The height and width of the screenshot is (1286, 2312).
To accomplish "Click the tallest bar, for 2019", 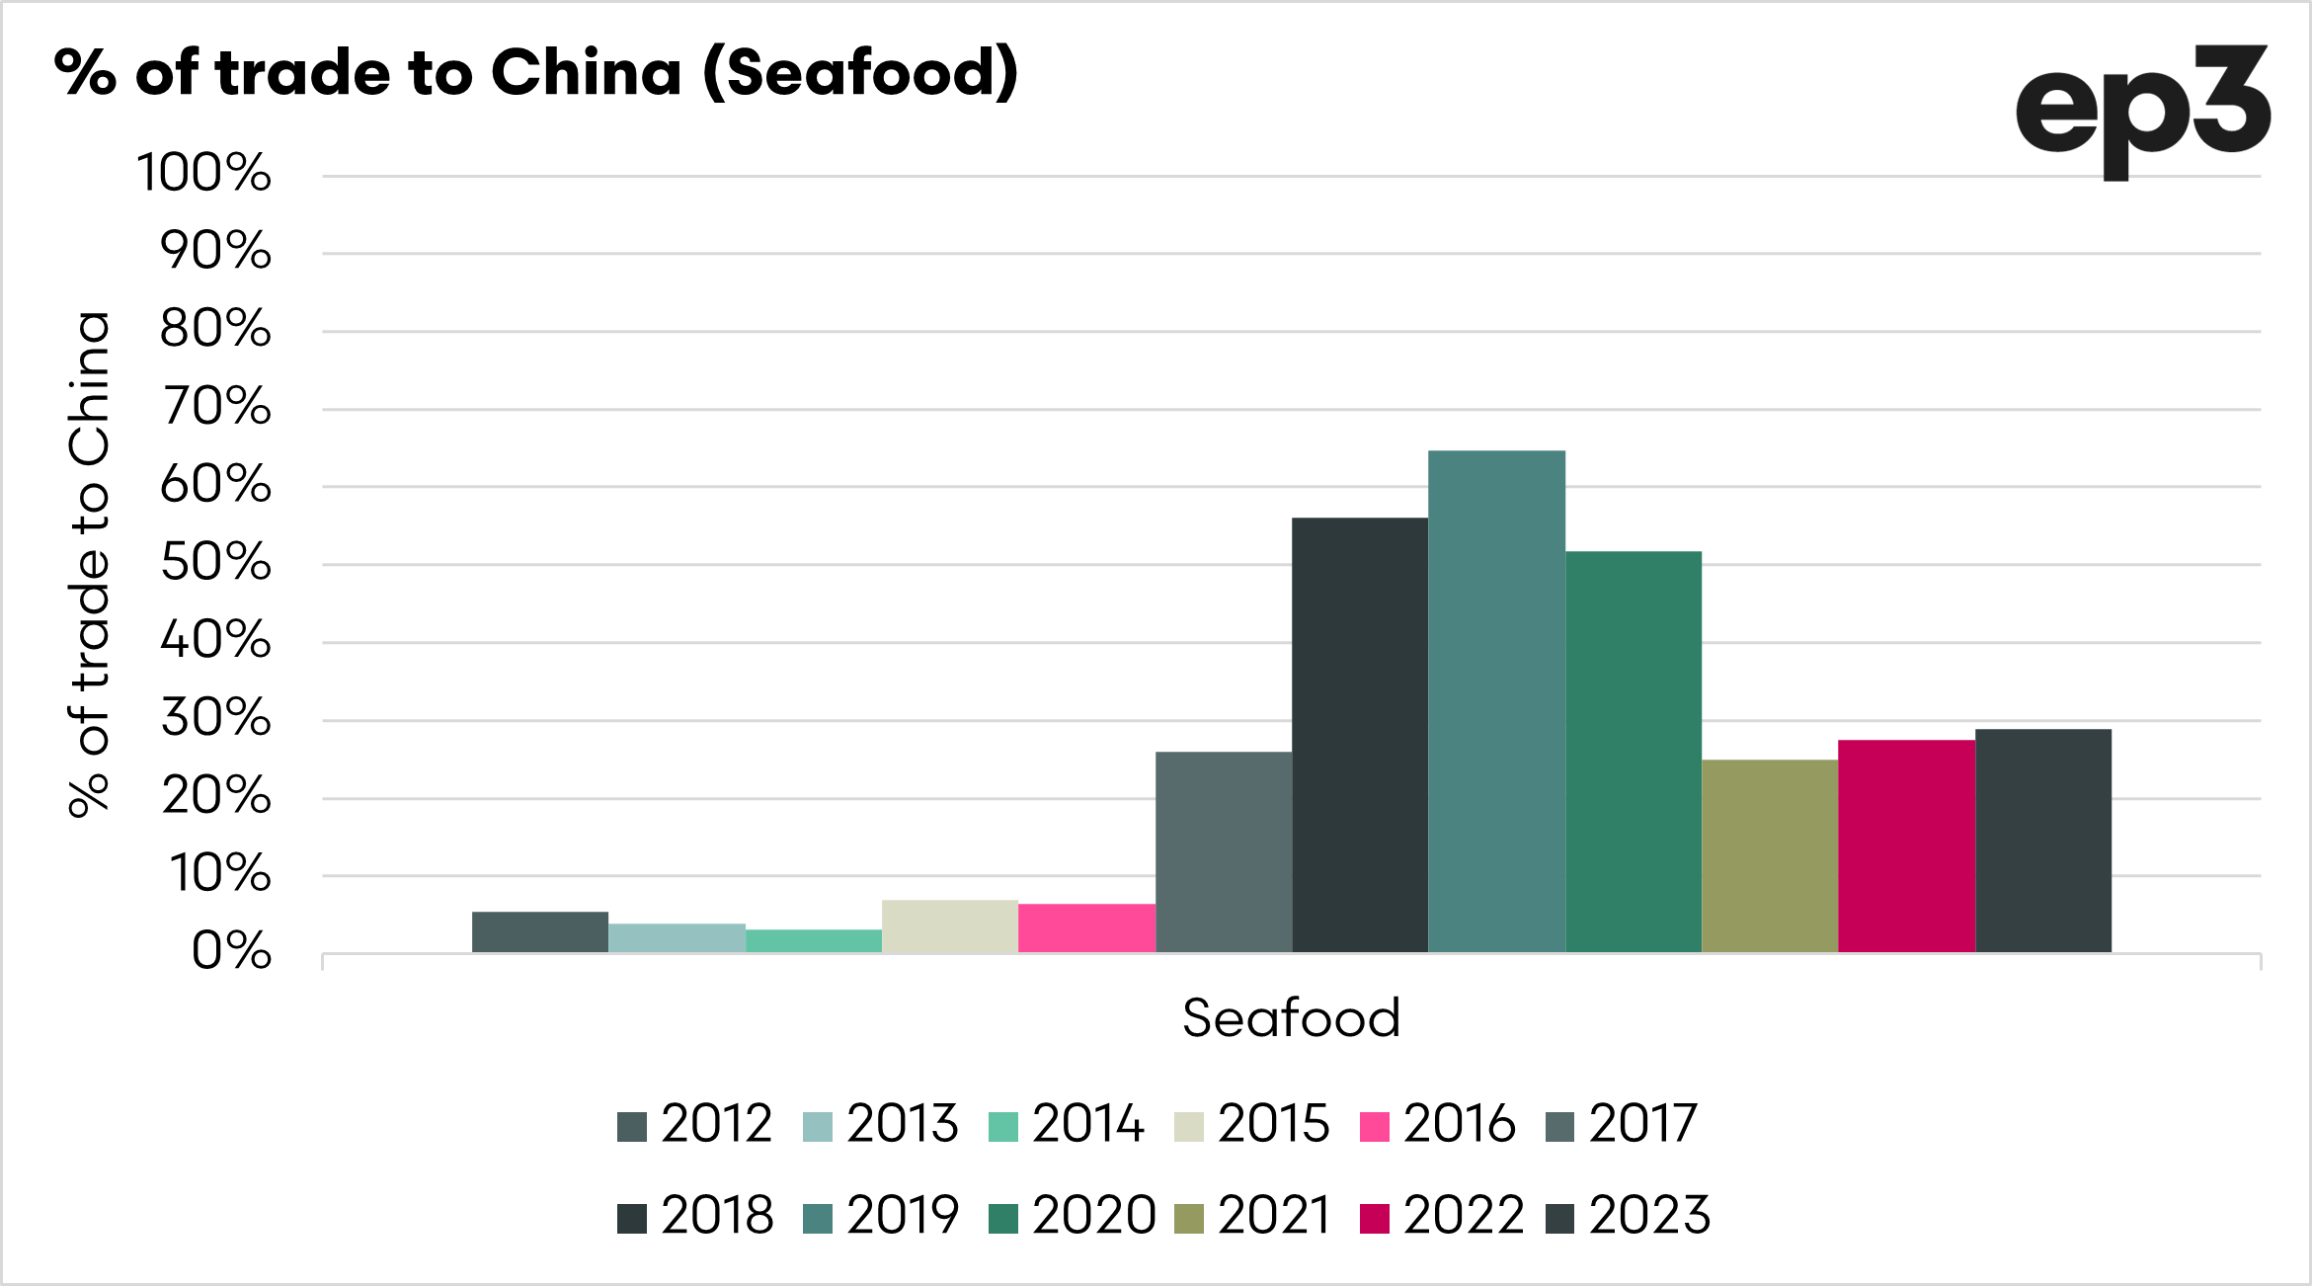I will pyautogui.click(x=1496, y=701).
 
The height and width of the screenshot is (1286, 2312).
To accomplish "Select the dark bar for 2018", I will pyautogui.click(x=1360, y=735).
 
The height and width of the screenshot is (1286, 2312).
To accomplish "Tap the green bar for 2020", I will pyautogui.click(x=1634, y=752).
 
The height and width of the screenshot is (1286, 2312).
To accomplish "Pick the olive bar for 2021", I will pyautogui.click(x=1770, y=855).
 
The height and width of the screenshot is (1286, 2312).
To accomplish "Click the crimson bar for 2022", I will pyautogui.click(x=1906, y=845).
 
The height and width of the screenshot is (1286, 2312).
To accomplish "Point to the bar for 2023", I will pyautogui.click(x=2043, y=841).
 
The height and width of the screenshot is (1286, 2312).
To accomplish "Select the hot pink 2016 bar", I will pyautogui.click(x=1086, y=928).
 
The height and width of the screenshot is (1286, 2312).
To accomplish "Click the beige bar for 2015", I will pyautogui.click(x=950, y=926).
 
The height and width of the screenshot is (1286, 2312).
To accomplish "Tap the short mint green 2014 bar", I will pyautogui.click(x=814, y=941).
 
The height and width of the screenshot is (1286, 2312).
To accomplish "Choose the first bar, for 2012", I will pyautogui.click(x=540, y=932).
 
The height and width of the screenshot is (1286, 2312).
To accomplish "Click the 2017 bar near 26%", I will pyautogui.click(x=1224, y=852).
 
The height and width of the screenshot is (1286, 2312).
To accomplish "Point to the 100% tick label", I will pyautogui.click(x=203, y=174).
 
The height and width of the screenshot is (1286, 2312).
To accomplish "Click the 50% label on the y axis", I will pyautogui.click(x=216, y=563).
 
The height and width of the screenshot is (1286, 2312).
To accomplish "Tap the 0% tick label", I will pyautogui.click(x=231, y=952).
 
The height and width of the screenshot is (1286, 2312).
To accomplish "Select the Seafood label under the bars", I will pyautogui.click(x=1291, y=1018).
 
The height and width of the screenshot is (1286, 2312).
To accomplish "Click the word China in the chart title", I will pyautogui.click(x=586, y=73).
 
